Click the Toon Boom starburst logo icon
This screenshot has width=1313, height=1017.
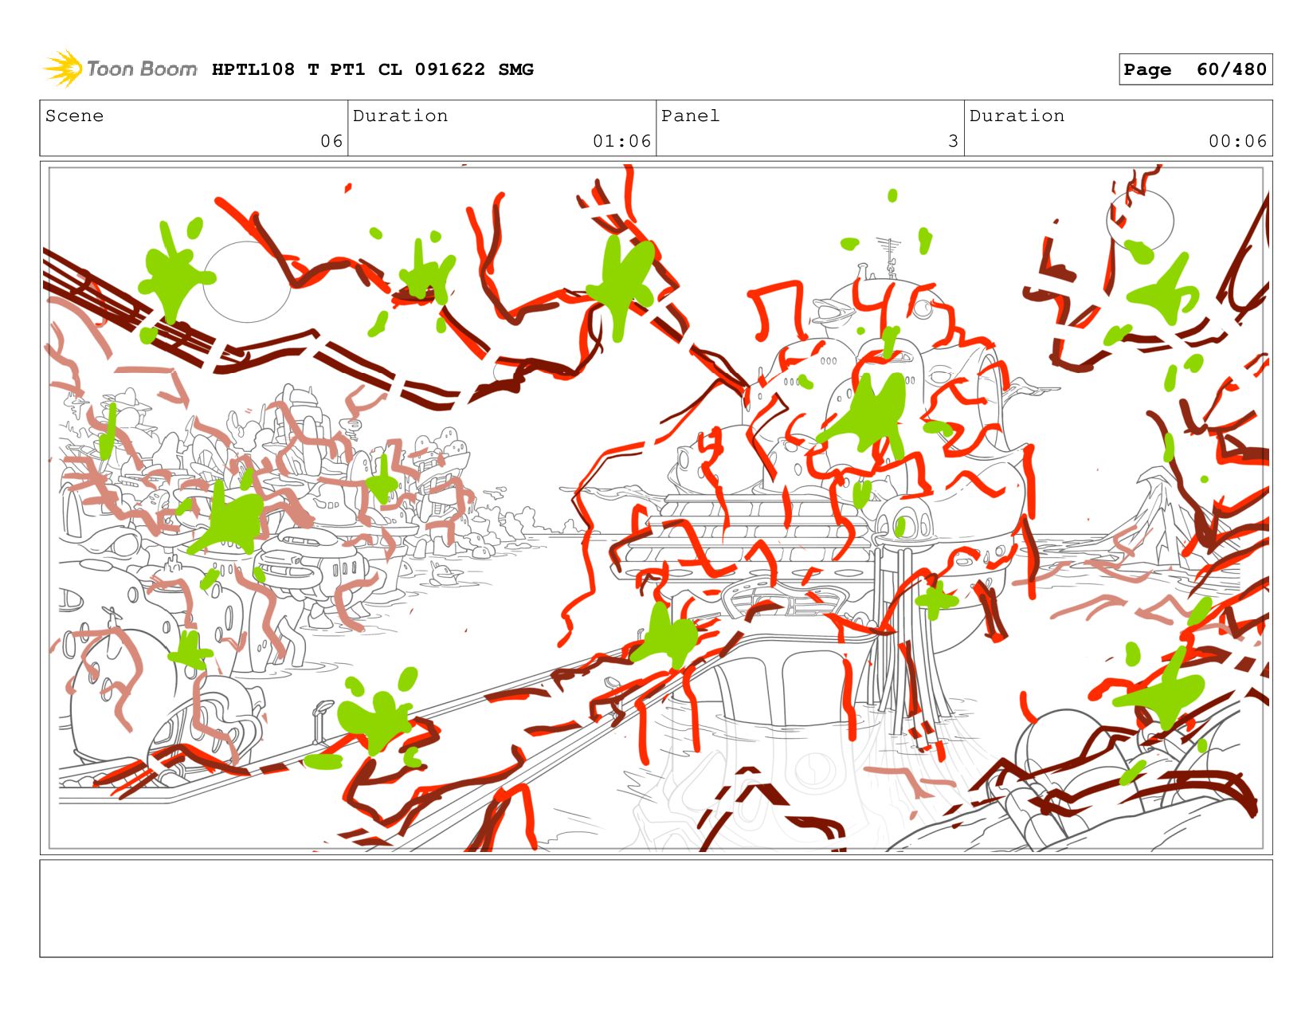click(x=63, y=69)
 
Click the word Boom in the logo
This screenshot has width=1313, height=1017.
click(x=168, y=69)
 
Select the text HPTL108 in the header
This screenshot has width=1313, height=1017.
click(x=253, y=69)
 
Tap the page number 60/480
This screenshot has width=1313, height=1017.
click(x=1231, y=69)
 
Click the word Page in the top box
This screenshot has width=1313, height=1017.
click(x=1146, y=70)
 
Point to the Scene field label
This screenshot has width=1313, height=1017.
click(x=74, y=116)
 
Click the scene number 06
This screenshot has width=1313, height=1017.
click(x=331, y=141)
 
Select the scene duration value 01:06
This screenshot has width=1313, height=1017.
click(x=621, y=141)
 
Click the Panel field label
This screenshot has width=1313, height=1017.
click(x=690, y=116)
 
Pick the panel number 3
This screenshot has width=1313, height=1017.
click(x=953, y=141)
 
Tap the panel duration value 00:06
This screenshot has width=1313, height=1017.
click(x=1237, y=141)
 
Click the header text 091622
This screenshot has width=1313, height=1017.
click(x=449, y=69)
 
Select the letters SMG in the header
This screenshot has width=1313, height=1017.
click(x=515, y=69)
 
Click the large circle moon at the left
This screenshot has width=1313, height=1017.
click(x=246, y=282)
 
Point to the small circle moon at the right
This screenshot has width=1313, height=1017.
click(x=1139, y=221)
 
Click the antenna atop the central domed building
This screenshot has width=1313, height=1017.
click(x=889, y=257)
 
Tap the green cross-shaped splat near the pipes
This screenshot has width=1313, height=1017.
click(x=936, y=599)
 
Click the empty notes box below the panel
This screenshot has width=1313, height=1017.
click(x=656, y=908)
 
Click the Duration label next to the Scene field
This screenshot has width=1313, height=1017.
click(x=400, y=116)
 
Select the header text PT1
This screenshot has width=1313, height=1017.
click(x=347, y=69)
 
